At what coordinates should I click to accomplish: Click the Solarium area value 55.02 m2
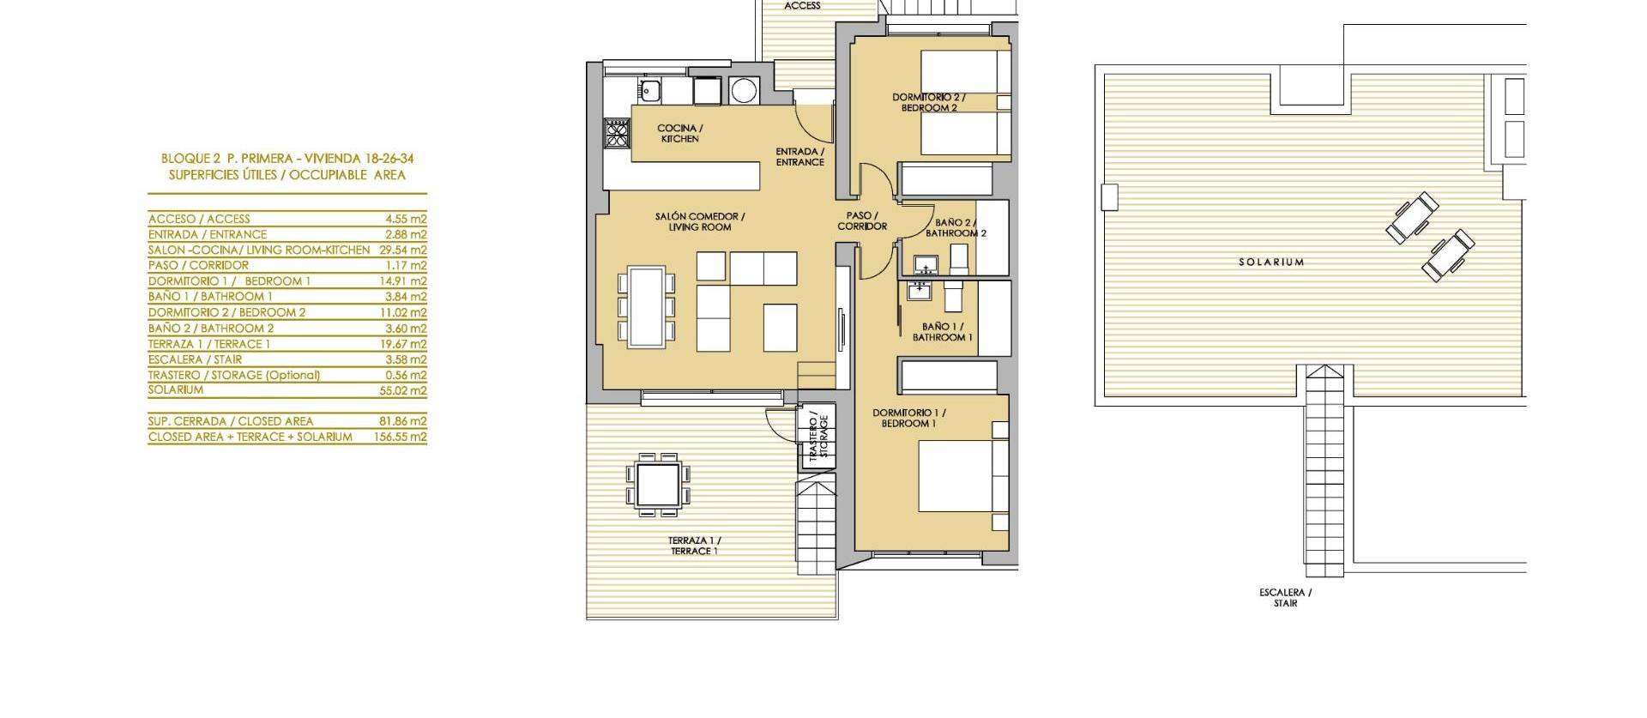[406, 390]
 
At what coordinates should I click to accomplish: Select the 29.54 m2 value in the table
[406, 250]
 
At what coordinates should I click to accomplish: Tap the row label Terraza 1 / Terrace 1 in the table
[209, 344]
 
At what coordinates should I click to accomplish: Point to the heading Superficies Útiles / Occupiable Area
[287, 175]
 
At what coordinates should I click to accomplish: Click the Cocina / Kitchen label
[679, 133]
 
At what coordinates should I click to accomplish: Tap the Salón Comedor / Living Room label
[699, 221]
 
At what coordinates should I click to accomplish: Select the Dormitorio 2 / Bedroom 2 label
[929, 103]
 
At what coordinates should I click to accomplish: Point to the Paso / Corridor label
[862, 220]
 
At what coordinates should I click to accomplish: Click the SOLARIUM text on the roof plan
[1270, 262]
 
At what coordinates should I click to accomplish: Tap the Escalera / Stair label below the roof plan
[1285, 598]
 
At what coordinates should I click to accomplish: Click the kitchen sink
[649, 88]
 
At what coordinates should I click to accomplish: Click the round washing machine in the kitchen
[743, 89]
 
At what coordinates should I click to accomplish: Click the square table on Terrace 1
[660, 485]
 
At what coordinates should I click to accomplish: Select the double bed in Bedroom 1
[956, 474]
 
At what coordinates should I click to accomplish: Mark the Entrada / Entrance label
[799, 156]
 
